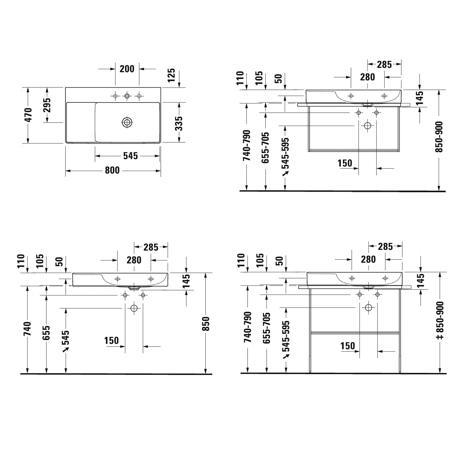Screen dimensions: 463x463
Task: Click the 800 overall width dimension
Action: pos(112,170)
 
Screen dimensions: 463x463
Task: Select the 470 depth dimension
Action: pos(28,115)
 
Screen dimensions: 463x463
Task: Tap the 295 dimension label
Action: pos(47,105)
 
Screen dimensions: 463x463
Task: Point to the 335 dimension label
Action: pos(179,123)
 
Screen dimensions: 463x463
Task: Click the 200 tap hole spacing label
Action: pos(127,69)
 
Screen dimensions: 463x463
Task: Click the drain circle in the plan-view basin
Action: pos(127,122)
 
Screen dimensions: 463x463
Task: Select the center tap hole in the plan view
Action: pos(127,96)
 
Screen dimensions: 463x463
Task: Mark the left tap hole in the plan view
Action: pos(115,96)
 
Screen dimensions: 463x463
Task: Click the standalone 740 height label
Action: pos(28,329)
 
